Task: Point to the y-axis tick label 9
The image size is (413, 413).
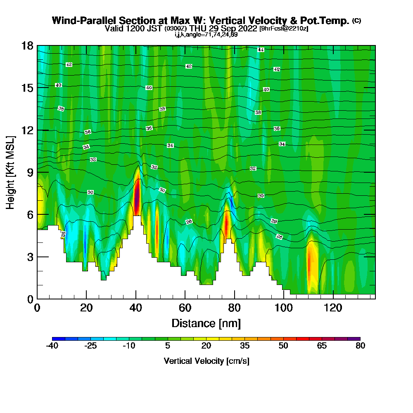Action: click(30, 172)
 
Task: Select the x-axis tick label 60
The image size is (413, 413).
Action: click(185, 308)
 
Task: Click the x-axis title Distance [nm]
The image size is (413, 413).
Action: click(206, 323)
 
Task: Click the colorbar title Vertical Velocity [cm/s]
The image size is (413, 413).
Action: click(206, 361)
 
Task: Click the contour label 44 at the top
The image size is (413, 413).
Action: click(261, 50)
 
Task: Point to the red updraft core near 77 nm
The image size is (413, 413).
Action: click(227, 223)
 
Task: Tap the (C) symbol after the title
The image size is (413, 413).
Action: click(356, 21)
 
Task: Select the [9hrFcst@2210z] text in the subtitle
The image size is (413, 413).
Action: click(284, 28)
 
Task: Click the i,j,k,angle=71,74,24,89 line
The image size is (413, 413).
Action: click(206, 34)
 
